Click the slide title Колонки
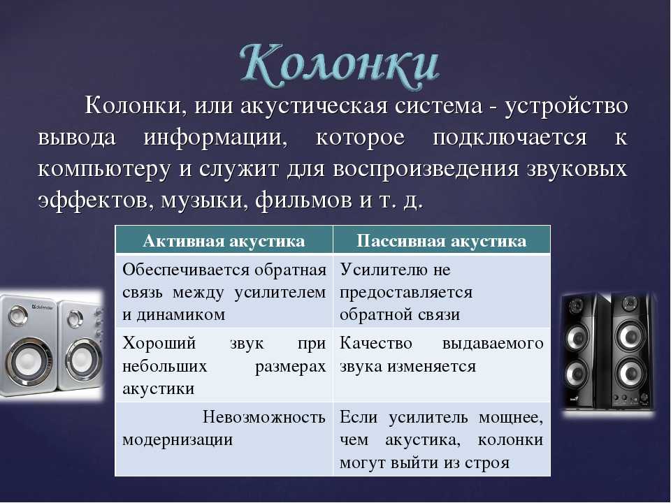click(340, 65)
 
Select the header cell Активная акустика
click(224, 241)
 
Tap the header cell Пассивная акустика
click(441, 241)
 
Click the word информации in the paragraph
click(215, 138)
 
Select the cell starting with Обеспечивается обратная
click(224, 291)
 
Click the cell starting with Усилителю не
click(441, 291)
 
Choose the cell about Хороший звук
click(224, 365)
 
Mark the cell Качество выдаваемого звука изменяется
click(441, 365)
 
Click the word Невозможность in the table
click(264, 416)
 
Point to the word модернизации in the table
click(178, 440)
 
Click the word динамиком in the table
click(180, 315)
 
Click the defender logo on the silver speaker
click(43, 307)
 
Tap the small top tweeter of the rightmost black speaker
click(629, 303)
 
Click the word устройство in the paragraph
click(566, 106)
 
